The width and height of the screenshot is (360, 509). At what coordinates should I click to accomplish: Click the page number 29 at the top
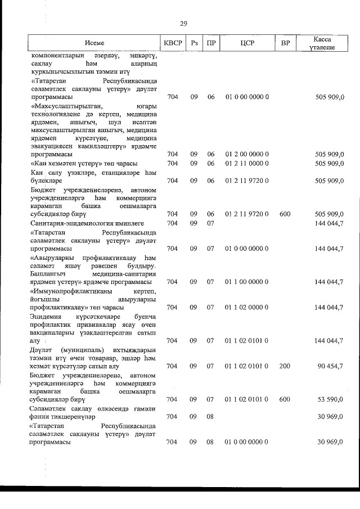tap(183, 24)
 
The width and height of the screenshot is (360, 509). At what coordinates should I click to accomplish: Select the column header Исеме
tap(94, 43)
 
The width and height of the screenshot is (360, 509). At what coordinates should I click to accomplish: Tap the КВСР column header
tap(173, 43)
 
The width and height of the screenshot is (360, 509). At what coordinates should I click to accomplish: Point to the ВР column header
tap(285, 43)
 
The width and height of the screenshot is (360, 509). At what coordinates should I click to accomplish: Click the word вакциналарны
tap(51, 332)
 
